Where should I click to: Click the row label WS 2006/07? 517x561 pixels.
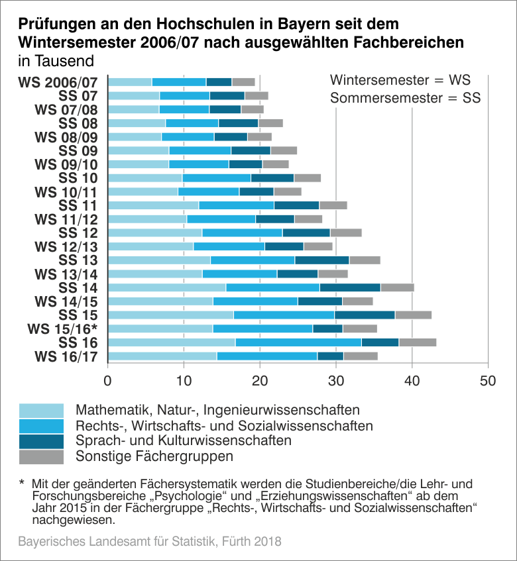point(58,82)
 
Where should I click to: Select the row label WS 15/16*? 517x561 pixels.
point(62,329)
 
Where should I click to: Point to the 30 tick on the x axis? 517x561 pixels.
point(336,381)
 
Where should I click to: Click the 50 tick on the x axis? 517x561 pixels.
point(488,381)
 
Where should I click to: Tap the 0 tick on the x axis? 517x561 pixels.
point(108,381)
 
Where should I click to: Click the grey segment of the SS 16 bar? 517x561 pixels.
point(418,342)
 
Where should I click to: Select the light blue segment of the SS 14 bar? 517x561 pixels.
point(167,287)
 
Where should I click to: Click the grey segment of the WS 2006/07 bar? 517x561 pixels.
point(243,82)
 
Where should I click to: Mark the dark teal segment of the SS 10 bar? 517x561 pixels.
point(272,178)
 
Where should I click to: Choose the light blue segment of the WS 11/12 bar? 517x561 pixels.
point(148,219)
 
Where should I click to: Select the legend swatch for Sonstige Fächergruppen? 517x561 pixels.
point(41,457)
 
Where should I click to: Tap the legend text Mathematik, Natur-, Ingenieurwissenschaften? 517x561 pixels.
point(218,409)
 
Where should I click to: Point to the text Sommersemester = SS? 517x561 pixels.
point(405,99)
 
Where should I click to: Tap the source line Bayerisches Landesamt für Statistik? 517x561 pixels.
point(150,542)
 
